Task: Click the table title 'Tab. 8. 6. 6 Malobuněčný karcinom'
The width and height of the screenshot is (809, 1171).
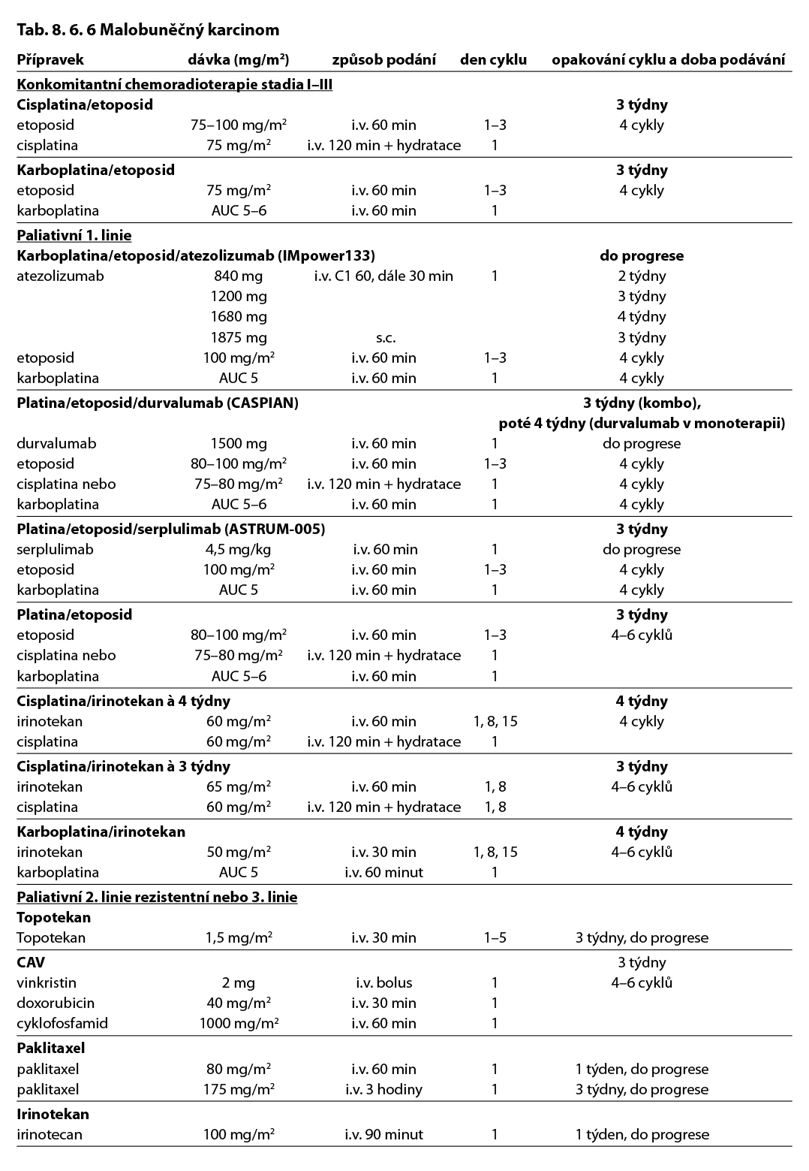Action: click(148, 29)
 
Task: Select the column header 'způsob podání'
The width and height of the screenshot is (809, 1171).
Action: click(383, 60)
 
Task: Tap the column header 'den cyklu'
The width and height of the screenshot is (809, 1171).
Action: click(493, 60)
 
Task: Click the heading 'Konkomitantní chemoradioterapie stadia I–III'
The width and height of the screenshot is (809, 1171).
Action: click(174, 84)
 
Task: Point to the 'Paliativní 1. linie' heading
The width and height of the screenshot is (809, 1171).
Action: click(74, 235)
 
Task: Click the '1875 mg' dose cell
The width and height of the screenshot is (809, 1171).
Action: click(239, 337)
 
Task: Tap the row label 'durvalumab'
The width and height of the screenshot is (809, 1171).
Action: click(56, 443)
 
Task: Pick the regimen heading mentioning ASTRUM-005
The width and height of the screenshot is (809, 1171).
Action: click(170, 529)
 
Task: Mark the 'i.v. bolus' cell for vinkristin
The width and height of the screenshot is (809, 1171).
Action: click(383, 982)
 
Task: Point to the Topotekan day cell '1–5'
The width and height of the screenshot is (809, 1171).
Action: click(495, 937)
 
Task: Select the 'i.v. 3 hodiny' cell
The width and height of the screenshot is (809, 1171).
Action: click(383, 1089)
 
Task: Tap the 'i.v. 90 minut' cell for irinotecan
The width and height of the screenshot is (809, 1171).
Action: click(383, 1134)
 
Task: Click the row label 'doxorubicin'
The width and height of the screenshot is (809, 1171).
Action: click(55, 1003)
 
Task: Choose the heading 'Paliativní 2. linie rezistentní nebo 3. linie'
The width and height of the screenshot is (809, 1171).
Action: click(157, 897)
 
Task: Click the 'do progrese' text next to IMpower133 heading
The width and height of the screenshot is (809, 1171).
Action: click(642, 255)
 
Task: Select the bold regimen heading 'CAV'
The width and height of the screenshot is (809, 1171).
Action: click(31, 962)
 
